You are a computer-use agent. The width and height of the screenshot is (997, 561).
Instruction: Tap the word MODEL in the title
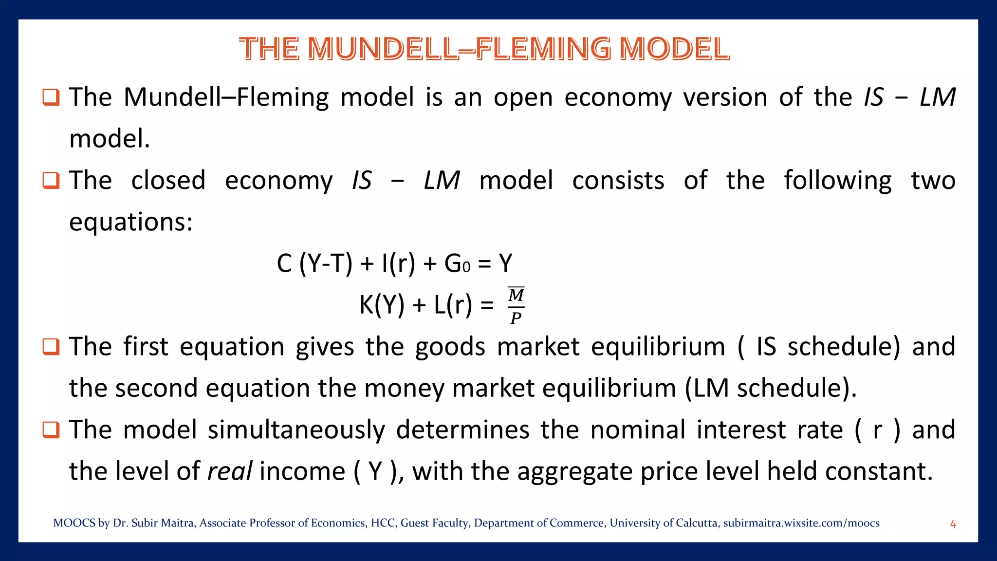click(674, 49)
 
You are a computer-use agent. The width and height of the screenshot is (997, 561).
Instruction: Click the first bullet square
click(51, 97)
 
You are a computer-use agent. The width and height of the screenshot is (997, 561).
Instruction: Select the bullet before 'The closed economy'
click(51, 180)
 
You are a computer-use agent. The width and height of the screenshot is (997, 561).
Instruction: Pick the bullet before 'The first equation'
click(51, 347)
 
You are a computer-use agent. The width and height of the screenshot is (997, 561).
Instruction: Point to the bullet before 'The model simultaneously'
click(51, 430)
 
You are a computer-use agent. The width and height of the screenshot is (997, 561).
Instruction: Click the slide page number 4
click(953, 524)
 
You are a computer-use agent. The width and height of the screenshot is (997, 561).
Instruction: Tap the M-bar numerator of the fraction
click(516, 295)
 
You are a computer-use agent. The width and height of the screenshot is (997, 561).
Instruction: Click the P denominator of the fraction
click(516, 318)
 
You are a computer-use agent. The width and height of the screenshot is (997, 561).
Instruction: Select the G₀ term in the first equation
click(457, 264)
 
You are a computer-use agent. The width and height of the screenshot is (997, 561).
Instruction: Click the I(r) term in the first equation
click(398, 264)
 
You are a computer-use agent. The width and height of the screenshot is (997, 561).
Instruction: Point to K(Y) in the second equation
click(382, 305)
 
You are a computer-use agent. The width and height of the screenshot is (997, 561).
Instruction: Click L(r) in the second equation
click(453, 305)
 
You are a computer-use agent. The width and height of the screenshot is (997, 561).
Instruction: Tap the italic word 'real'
click(230, 471)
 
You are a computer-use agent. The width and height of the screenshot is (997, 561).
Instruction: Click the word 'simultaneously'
click(296, 430)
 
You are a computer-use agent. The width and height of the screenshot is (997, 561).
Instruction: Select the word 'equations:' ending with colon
click(131, 222)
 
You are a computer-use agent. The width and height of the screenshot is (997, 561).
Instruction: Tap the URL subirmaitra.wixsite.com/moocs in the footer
click(801, 523)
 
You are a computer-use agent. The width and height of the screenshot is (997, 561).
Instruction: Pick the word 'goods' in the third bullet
click(450, 347)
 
